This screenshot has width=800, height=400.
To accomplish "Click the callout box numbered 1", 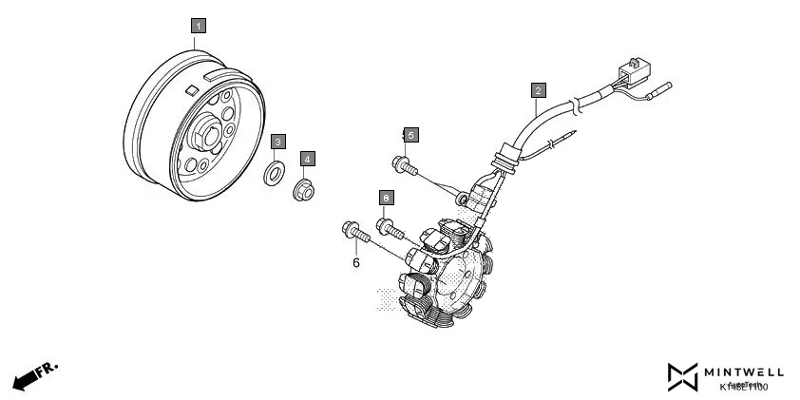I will (x=198, y=26).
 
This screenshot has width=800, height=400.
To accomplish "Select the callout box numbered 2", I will (x=538, y=91).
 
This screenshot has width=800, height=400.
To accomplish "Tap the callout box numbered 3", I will (x=277, y=142).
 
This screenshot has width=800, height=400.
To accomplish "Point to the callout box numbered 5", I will (x=410, y=136).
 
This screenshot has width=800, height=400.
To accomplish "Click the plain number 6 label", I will (x=356, y=262).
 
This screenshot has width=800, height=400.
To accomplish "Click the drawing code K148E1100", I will (x=744, y=387).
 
